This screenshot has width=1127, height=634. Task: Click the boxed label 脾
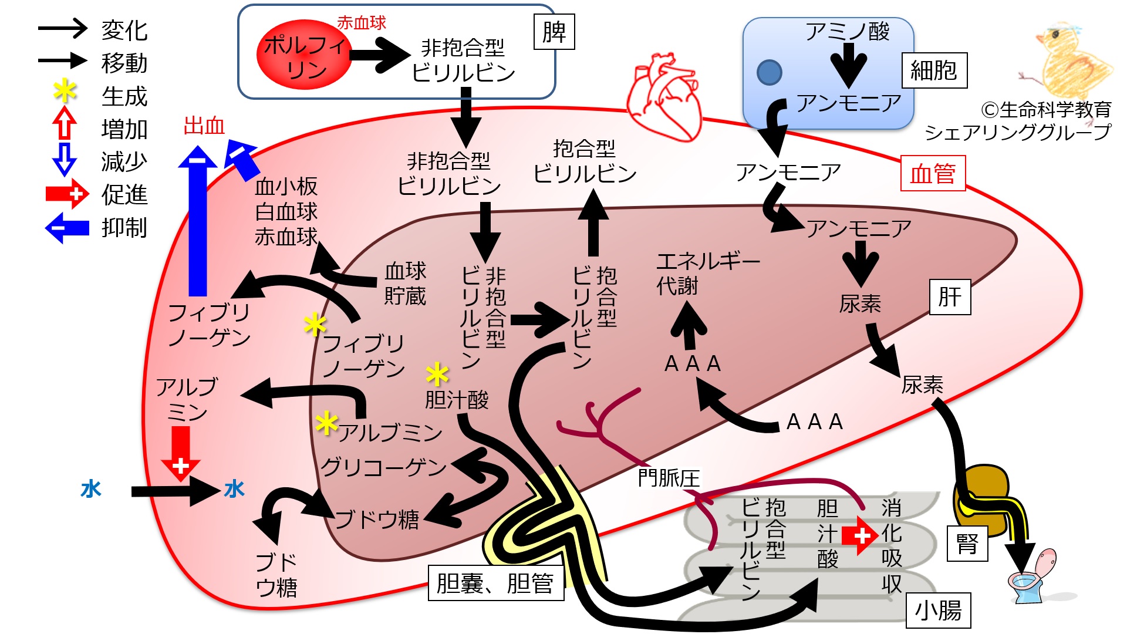554,32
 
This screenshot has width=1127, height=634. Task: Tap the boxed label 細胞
934,70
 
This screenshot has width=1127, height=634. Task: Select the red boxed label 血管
933,173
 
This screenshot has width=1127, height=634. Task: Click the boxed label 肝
950,297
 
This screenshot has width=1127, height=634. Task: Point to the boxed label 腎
967,544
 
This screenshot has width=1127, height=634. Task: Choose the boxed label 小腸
938,611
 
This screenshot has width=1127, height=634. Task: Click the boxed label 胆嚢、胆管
495,583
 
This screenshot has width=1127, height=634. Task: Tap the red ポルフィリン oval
304,55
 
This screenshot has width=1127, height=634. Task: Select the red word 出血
204,126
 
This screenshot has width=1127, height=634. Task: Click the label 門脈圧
669,478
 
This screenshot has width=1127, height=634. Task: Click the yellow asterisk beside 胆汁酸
437,374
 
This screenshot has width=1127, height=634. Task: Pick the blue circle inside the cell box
770,73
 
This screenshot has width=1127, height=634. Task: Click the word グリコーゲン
383,467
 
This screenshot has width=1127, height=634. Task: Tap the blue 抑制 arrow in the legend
67,227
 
